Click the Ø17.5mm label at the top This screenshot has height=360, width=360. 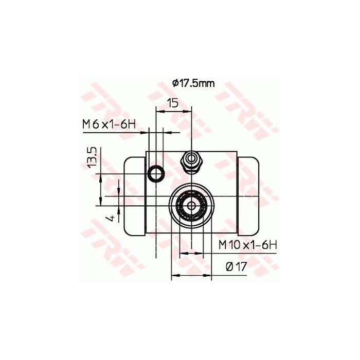(193, 83)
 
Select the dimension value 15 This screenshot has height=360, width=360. (173, 103)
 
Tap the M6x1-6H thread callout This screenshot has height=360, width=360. (109, 124)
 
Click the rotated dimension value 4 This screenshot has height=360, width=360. (110, 218)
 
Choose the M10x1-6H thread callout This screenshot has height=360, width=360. (247, 245)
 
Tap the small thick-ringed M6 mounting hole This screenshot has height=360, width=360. (155, 174)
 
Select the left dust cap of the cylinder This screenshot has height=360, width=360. (135, 196)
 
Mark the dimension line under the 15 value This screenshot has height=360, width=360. (173, 110)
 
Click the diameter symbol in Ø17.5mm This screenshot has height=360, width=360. (175, 83)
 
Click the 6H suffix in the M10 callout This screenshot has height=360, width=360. (269, 245)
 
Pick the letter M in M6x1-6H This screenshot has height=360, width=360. (86, 124)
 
